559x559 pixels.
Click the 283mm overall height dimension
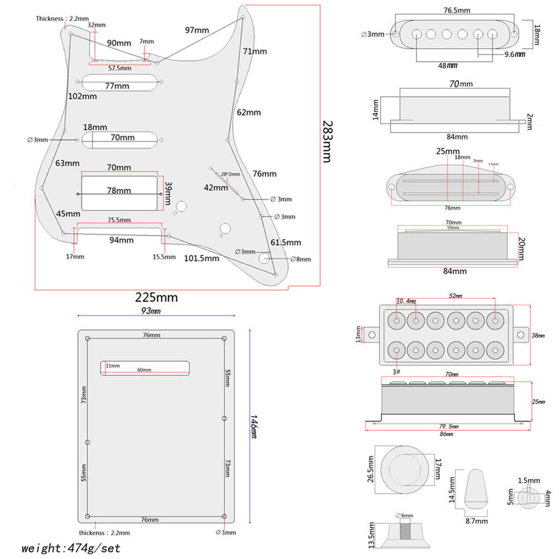(x=326, y=141)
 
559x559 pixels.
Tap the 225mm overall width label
(x=157, y=298)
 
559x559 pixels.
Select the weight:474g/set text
(x=71, y=548)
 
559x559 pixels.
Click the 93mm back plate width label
(x=151, y=311)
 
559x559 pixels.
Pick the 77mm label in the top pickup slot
(x=117, y=86)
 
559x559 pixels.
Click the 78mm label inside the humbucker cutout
(x=119, y=191)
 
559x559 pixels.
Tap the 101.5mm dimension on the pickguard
(x=201, y=258)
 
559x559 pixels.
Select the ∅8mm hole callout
(x=300, y=259)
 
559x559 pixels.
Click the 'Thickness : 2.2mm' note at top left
(x=62, y=19)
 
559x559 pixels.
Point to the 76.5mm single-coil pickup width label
(x=457, y=10)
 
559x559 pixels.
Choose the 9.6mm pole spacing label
(x=514, y=54)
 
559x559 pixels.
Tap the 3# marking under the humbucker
(x=396, y=371)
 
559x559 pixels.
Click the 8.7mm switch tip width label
(x=476, y=521)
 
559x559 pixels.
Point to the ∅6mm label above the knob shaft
(x=405, y=515)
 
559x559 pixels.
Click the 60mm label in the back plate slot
(x=144, y=370)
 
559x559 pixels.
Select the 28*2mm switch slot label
(x=230, y=174)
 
